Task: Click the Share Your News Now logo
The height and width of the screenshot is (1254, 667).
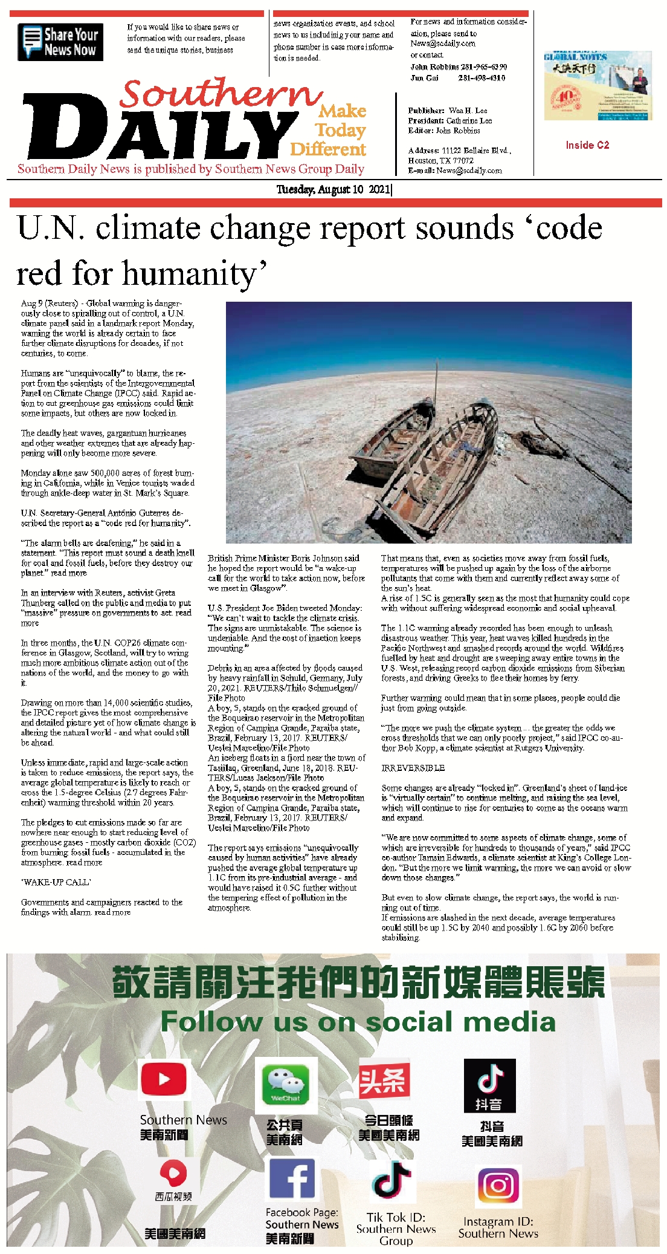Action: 60,42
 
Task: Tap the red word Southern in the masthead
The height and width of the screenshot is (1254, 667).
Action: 220,94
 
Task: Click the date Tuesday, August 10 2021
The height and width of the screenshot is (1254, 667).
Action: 333,189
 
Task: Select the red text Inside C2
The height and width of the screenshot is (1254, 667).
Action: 587,145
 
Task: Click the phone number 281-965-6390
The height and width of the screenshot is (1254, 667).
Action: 483,67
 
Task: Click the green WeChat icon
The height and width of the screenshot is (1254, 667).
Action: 285,1084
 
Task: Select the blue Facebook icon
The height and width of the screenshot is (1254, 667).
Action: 292,1178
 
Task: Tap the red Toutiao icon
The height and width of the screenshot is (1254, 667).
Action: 384,1081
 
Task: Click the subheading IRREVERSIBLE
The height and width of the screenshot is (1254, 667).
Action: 413,768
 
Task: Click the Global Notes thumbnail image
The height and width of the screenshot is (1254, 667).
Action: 597,85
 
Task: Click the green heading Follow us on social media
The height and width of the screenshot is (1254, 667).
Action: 358,1022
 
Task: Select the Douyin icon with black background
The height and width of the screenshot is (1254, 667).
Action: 489,1085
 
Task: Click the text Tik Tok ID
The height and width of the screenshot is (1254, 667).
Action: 396,1217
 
